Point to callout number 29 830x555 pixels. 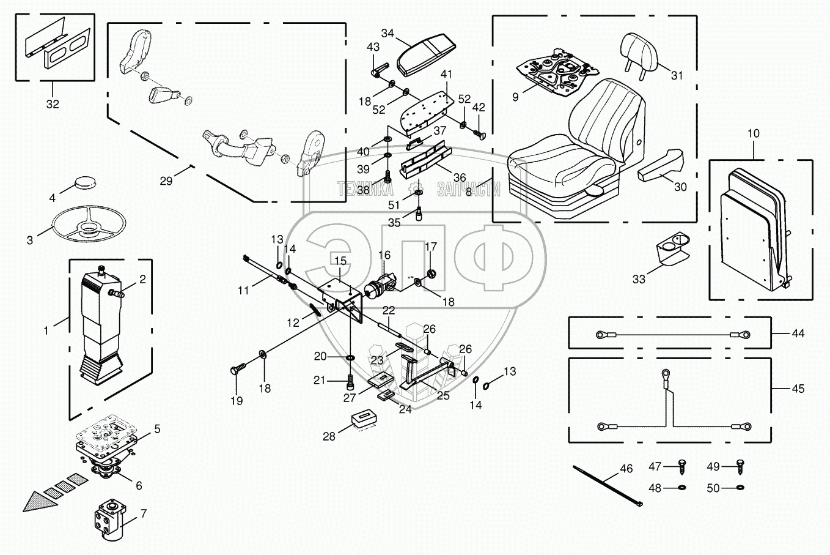(x=166, y=181)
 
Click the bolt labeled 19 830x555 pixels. (x=237, y=371)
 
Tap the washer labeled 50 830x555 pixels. (x=740, y=488)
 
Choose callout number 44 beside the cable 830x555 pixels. (x=798, y=333)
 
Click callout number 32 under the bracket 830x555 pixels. (x=53, y=104)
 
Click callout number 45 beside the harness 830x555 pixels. (x=798, y=389)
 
